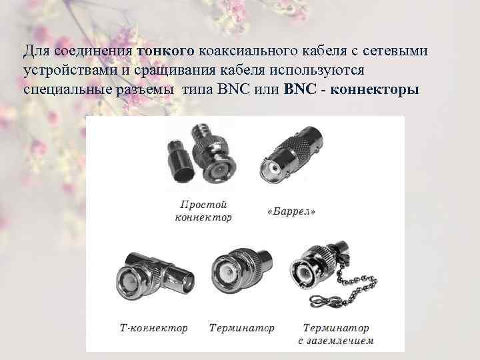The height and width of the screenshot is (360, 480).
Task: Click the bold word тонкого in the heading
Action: coord(166,51)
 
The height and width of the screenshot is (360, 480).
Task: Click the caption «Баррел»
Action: coord(291,211)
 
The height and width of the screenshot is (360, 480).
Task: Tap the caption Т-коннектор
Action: coord(154,328)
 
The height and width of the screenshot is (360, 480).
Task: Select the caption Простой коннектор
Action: coord(203,211)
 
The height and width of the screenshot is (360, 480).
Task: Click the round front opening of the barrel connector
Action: coord(273,171)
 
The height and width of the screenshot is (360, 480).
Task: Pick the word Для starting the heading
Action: coord(33,51)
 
